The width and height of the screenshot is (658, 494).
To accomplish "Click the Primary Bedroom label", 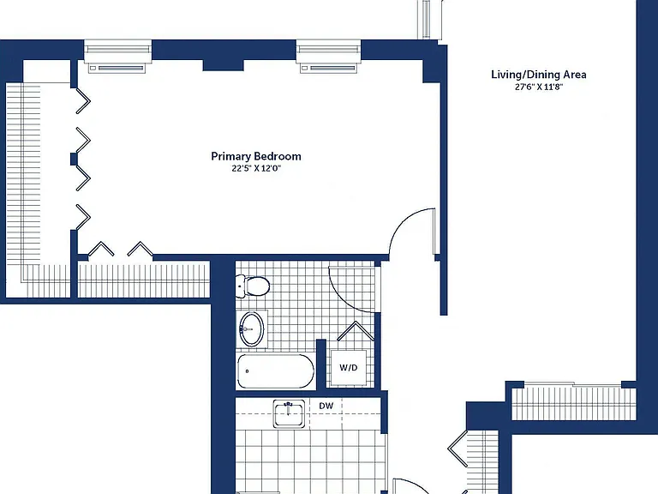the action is click(256, 156).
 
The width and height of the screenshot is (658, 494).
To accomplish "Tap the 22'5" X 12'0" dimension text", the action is click(256, 168).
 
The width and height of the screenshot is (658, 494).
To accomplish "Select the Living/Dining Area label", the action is click(538, 75).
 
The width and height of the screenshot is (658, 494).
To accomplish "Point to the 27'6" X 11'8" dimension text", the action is click(538, 87).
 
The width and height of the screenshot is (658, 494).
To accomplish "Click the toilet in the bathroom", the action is click(252, 286).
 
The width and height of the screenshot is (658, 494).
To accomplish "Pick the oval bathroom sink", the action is click(252, 329).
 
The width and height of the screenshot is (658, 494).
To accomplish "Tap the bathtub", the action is click(276, 371).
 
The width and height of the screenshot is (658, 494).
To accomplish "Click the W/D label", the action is click(349, 368).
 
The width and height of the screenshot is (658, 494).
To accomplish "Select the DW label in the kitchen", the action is click(326, 406).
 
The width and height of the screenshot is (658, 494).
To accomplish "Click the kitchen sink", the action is click(289, 413).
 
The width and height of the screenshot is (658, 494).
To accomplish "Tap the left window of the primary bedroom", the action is click(117, 57).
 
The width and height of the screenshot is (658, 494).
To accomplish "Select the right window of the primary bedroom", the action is click(329, 57).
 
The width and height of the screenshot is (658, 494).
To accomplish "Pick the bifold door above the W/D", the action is click(356, 330).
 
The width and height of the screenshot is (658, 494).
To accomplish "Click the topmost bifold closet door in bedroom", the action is click(82, 101).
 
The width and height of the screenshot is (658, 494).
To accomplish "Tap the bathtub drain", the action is click(247, 370).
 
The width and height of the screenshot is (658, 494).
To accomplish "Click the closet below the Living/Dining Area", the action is click(573, 402).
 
